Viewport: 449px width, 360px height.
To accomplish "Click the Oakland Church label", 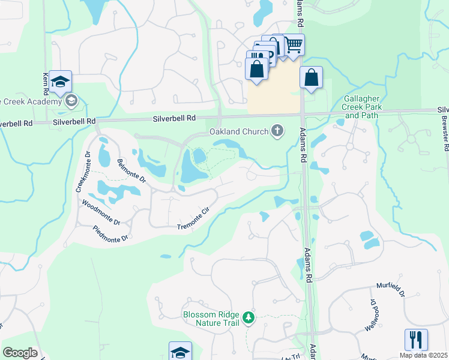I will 238,131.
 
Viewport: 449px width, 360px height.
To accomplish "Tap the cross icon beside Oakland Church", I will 277,130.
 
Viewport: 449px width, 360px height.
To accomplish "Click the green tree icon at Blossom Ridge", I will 247,317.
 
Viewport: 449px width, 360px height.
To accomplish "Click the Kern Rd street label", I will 46,83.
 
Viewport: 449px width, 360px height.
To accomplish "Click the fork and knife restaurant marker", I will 416,340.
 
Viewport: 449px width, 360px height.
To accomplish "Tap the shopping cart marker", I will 294,45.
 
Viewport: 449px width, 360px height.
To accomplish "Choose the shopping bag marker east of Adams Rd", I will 311,77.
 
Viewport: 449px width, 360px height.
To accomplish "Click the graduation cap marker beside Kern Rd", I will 60,82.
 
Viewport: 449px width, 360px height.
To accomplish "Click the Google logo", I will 20,353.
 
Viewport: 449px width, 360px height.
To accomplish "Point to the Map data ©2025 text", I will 423,355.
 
